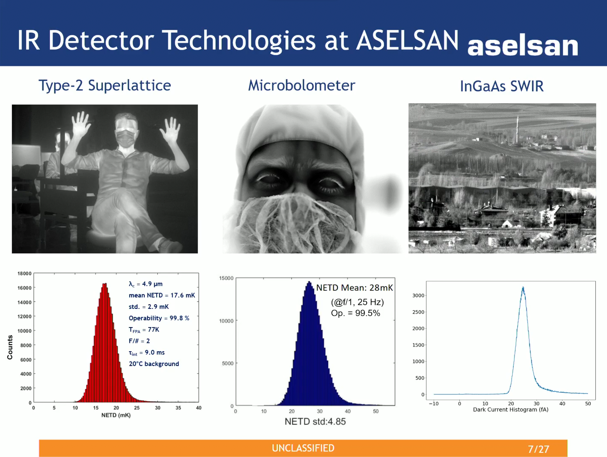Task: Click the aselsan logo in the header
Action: coord(523,46)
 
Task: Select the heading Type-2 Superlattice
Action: coord(105,85)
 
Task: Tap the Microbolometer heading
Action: coord(302,85)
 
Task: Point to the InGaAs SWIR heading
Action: coord(502,86)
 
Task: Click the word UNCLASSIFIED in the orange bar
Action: coord(303,448)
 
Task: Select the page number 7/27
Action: coord(538,449)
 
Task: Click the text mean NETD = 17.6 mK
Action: coord(162,295)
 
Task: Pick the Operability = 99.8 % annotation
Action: coord(159,318)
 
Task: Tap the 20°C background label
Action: coord(154,364)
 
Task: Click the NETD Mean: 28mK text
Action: coord(355,288)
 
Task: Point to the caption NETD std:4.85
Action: coord(315,421)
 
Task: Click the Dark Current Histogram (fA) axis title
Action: coord(511,409)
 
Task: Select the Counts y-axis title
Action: coord(10,347)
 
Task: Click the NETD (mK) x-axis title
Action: coord(116,415)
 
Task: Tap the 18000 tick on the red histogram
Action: coord(24,274)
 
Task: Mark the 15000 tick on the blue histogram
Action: coord(226,278)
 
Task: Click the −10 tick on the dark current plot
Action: coord(434,404)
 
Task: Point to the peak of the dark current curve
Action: coord(523,288)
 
